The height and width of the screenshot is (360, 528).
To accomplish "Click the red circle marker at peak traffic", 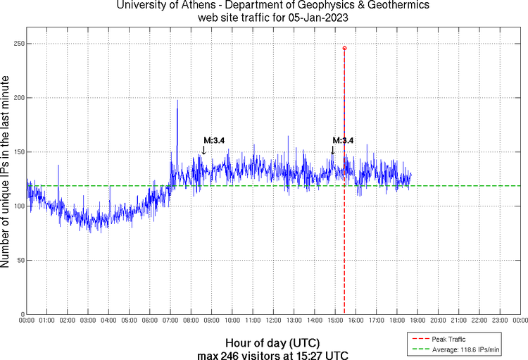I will click(344, 48).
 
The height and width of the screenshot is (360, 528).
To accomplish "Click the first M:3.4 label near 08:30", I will click(214, 140).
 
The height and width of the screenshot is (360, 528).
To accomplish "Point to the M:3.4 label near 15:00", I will click(343, 140).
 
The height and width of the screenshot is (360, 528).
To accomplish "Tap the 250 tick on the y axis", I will click(18, 44).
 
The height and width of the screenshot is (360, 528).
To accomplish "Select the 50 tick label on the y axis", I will click(20, 260).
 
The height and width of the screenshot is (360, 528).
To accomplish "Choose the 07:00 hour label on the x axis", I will click(170, 320).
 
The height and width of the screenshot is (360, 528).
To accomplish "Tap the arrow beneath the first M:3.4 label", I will click(203, 149).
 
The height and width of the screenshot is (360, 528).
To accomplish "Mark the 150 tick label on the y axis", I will click(18, 152).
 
